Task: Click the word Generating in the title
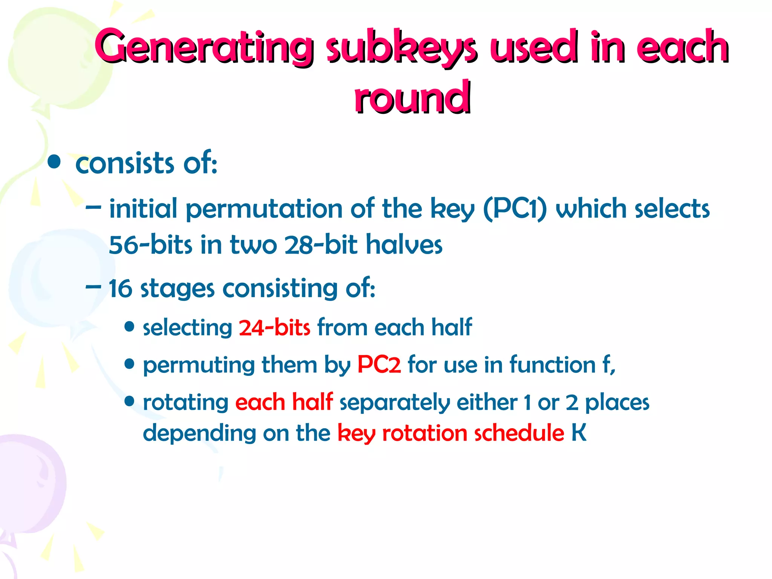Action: pyautogui.click(x=204, y=47)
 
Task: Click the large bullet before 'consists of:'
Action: pyautogui.click(x=55, y=162)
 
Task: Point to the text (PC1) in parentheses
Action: pyautogui.click(x=515, y=209)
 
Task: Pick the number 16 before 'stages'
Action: pyautogui.click(x=120, y=289)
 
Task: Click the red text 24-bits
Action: pyautogui.click(x=274, y=327)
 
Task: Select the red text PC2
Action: pyautogui.click(x=379, y=365)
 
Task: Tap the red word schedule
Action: pyautogui.click(x=519, y=433)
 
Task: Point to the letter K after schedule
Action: pyautogui.click(x=579, y=433)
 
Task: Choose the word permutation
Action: pyautogui.click(x=264, y=209)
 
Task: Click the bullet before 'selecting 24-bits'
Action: pyautogui.click(x=129, y=327)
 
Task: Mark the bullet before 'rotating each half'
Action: pyautogui.click(x=129, y=401)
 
